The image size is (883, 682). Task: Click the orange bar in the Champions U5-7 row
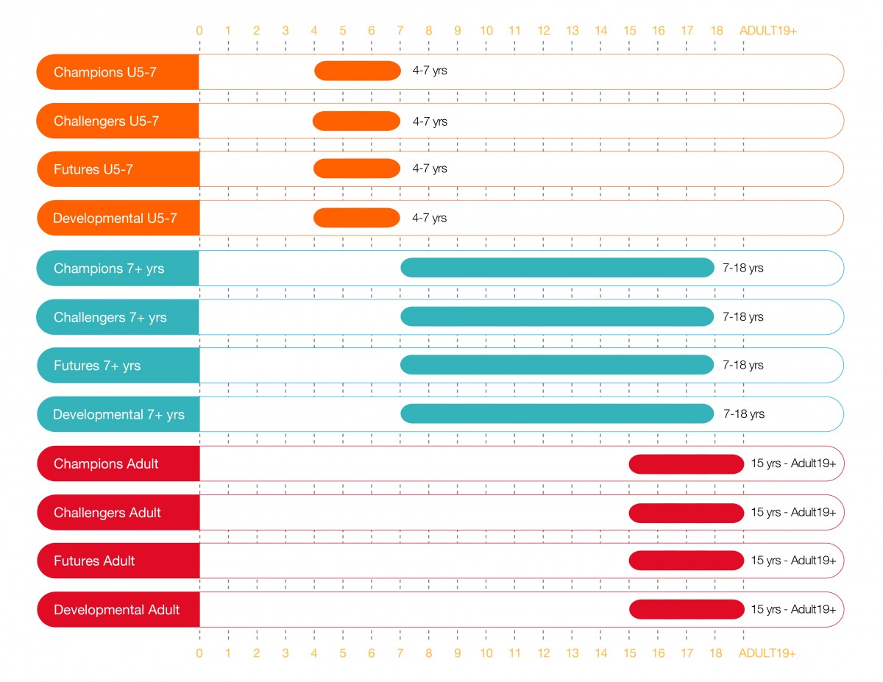coord(358,71)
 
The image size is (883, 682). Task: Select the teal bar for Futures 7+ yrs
coord(557,365)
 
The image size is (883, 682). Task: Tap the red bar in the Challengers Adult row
coord(687,513)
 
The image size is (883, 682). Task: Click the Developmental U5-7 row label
coord(116,219)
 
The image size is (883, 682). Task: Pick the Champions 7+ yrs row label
coord(109,269)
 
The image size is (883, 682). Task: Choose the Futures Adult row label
coord(94,561)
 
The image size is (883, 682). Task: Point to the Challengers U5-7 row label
coord(106,121)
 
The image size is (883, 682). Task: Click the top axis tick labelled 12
coord(544,31)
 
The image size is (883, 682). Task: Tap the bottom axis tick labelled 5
coord(343,653)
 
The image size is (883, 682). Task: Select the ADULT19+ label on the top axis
coord(769,31)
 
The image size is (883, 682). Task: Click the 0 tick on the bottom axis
coord(199,653)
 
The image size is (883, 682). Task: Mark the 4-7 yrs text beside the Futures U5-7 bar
coord(430,168)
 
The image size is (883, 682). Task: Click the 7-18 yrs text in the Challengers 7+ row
coord(743,317)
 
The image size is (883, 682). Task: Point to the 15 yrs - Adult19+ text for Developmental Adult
coord(793,609)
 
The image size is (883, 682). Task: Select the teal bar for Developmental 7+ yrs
coord(557,414)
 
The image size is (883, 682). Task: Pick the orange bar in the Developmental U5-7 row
coord(357,218)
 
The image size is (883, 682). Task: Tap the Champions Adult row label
coord(106,464)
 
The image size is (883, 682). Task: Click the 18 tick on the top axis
coord(716,31)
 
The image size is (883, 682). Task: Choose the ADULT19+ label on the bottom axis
coord(767,653)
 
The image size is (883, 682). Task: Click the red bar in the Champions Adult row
coord(687,464)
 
